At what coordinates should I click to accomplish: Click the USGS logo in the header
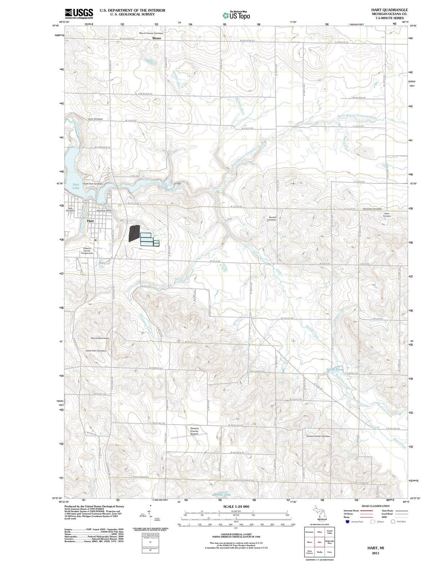tap(79, 14)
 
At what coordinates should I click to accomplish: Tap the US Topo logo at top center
tap(236, 15)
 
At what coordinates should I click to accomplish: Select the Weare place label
tap(156, 38)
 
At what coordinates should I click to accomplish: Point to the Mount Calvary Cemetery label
tap(151, 33)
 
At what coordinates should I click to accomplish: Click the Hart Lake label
tap(76, 186)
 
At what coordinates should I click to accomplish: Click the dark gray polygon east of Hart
tap(134, 233)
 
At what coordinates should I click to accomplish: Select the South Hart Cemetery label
tap(96, 351)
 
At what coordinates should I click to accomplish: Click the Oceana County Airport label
tap(194, 431)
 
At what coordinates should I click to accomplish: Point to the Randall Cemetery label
tap(272, 219)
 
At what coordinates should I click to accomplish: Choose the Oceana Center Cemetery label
tap(318, 436)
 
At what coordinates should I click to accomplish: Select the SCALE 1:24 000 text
tap(236, 507)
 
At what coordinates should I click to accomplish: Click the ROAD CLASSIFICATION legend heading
tap(375, 506)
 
